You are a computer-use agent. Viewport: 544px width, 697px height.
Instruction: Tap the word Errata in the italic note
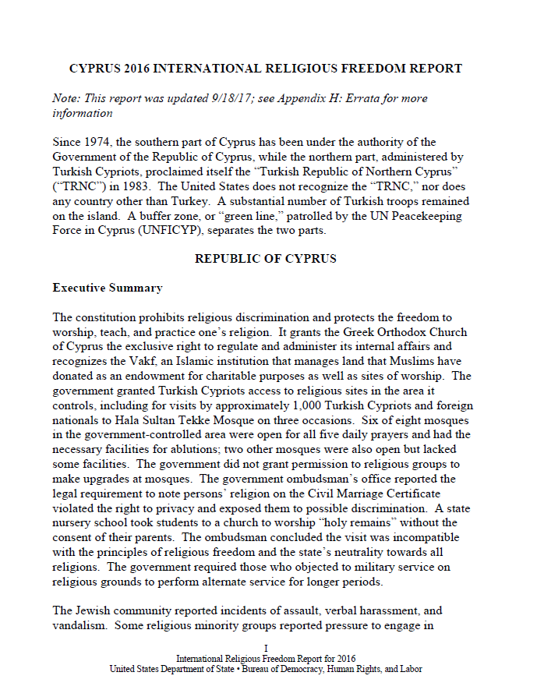(x=368, y=99)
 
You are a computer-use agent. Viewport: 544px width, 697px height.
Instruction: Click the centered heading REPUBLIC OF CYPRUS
(x=266, y=260)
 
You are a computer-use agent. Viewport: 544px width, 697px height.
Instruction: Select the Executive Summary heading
(x=108, y=288)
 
